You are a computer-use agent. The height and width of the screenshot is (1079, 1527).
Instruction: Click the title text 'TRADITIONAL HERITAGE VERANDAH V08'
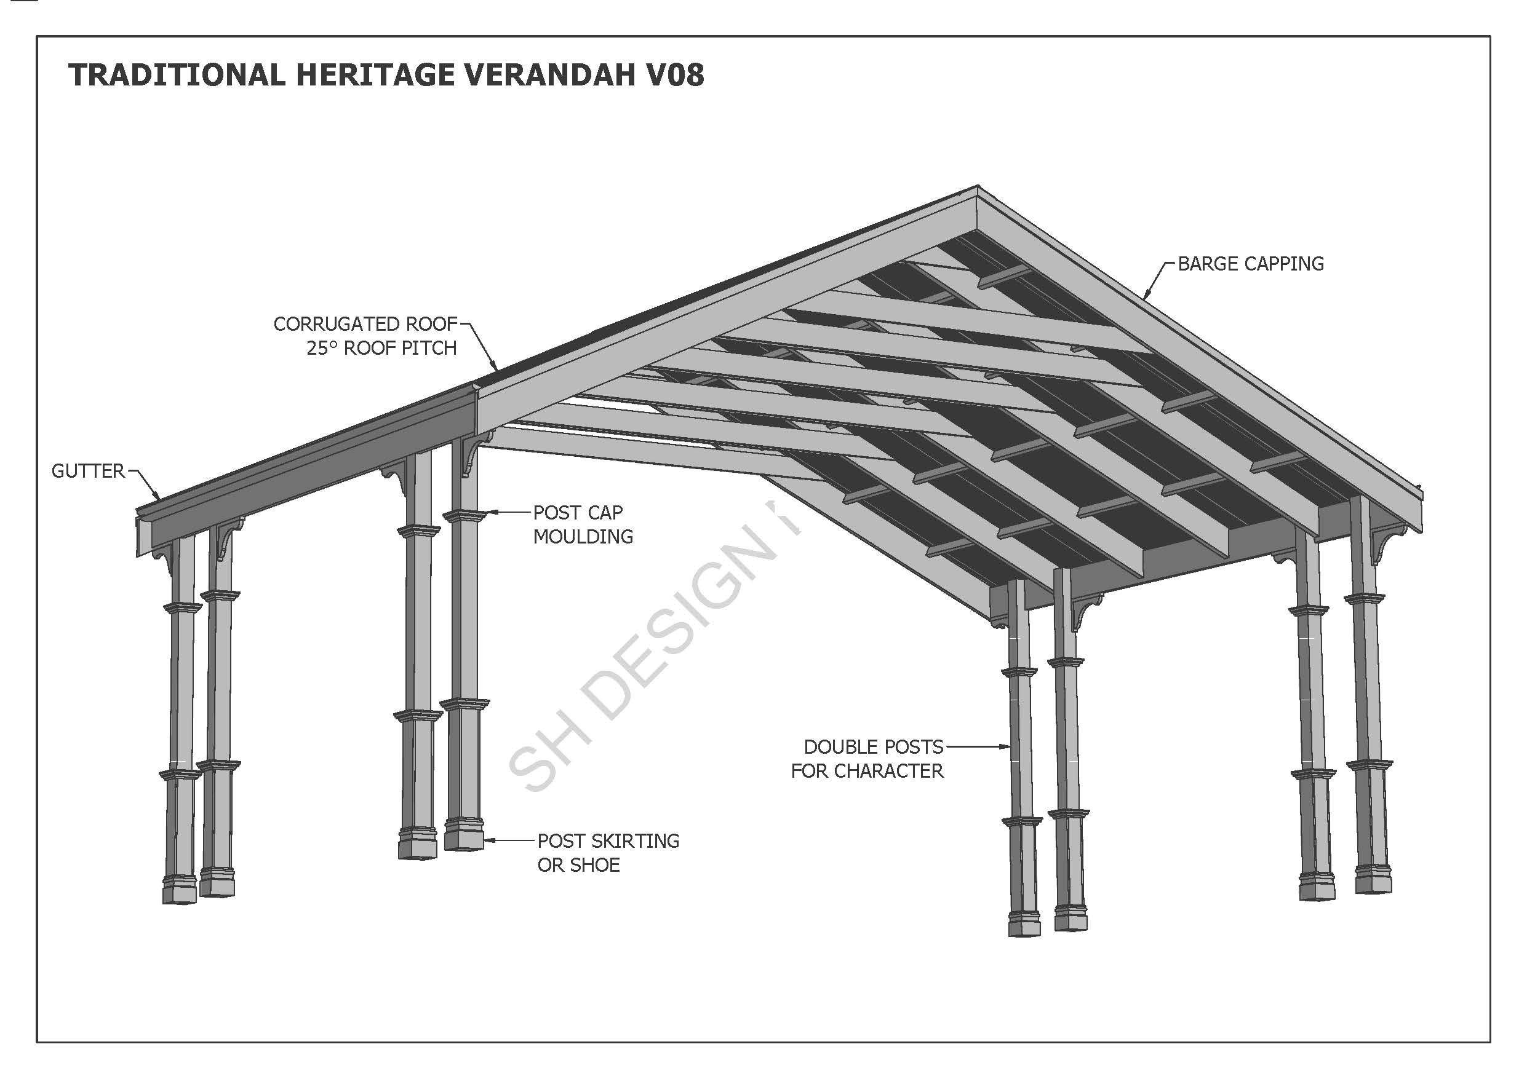pos(386,74)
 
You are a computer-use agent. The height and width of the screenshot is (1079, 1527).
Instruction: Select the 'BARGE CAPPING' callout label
pos(1250,264)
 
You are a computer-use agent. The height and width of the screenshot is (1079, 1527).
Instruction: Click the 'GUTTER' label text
pos(88,472)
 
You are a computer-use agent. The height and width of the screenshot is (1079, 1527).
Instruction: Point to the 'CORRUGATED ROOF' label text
pos(365,324)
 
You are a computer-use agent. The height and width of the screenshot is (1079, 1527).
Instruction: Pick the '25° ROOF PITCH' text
pos(381,348)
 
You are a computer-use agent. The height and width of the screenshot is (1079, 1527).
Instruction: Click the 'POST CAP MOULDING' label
pos(582,524)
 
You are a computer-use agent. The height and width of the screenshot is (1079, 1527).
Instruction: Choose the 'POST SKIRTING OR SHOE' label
pos(607,852)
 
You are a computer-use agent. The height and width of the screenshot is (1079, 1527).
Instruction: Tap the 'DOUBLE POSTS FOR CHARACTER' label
pos(868,759)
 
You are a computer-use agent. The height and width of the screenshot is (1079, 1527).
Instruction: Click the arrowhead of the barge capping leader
pos(1146,296)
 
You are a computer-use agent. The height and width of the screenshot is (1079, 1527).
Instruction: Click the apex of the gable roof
pos(977,187)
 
